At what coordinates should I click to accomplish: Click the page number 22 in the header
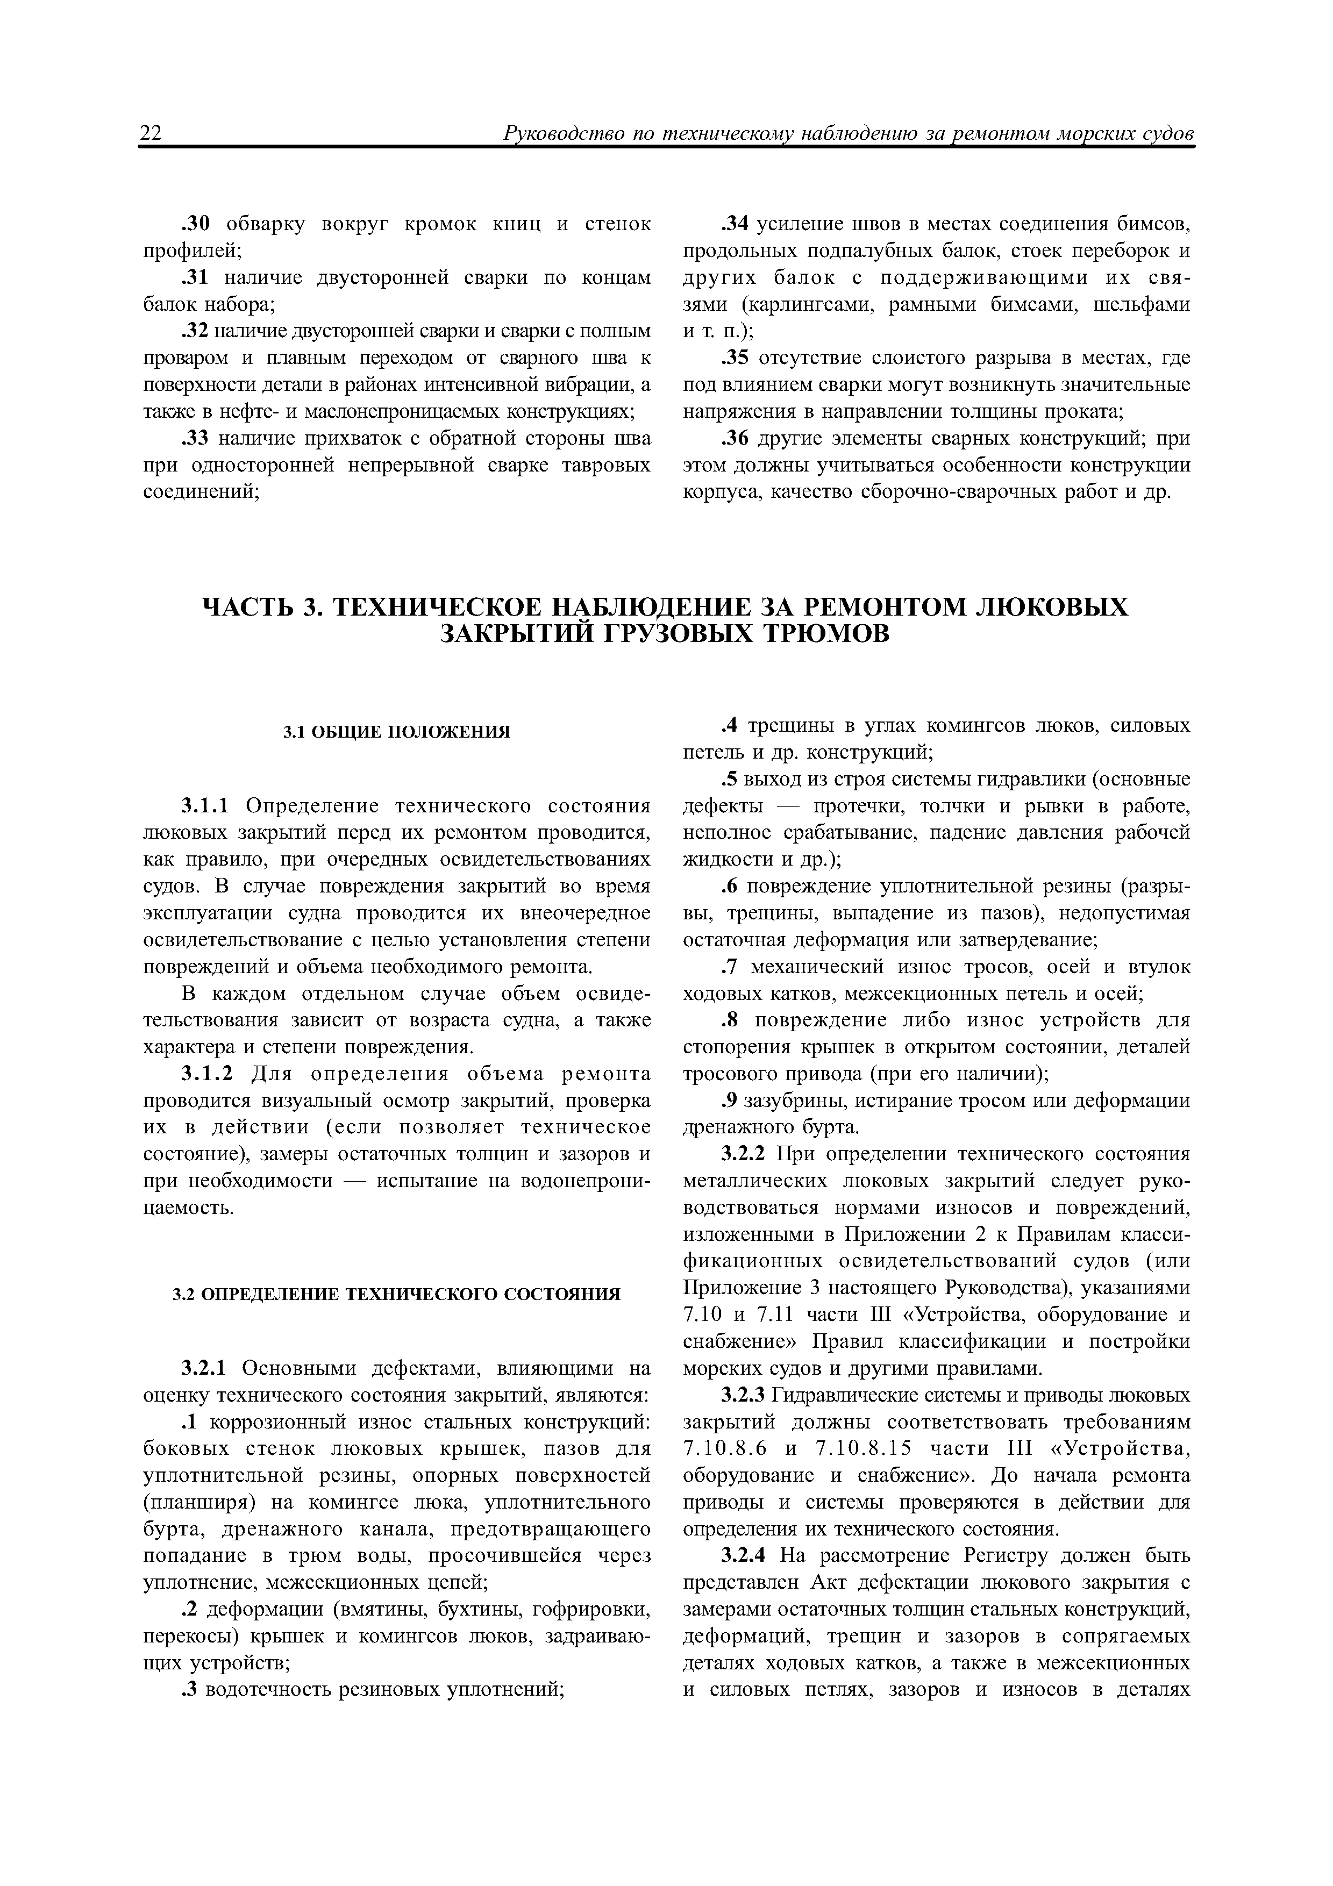coord(151,133)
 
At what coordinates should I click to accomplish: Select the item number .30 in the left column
coord(196,224)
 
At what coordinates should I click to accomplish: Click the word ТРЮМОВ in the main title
coord(828,635)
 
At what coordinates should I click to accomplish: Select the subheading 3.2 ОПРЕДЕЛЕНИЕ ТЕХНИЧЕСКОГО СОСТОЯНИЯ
coord(397,1295)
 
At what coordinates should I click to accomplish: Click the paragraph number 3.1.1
coord(209,806)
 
